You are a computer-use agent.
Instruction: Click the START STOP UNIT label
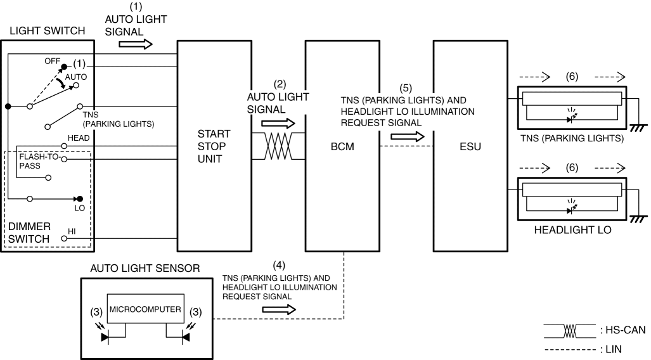214,146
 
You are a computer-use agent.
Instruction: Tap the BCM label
342,146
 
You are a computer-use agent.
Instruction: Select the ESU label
470,146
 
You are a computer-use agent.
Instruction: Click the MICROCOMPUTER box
145,309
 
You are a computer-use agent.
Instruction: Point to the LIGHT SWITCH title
48,30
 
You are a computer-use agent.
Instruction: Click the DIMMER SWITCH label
29,233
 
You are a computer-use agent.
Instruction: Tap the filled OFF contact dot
64,67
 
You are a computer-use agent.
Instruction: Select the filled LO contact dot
80,199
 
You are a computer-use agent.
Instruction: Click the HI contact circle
64,238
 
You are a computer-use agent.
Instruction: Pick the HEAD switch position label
79,138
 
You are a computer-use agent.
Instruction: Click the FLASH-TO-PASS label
39,161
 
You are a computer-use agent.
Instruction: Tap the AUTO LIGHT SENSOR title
145,268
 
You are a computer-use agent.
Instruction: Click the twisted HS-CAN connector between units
278,146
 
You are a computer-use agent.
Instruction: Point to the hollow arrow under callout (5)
408,137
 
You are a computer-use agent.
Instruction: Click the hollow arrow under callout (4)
279,309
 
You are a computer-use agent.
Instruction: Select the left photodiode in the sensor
104,333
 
